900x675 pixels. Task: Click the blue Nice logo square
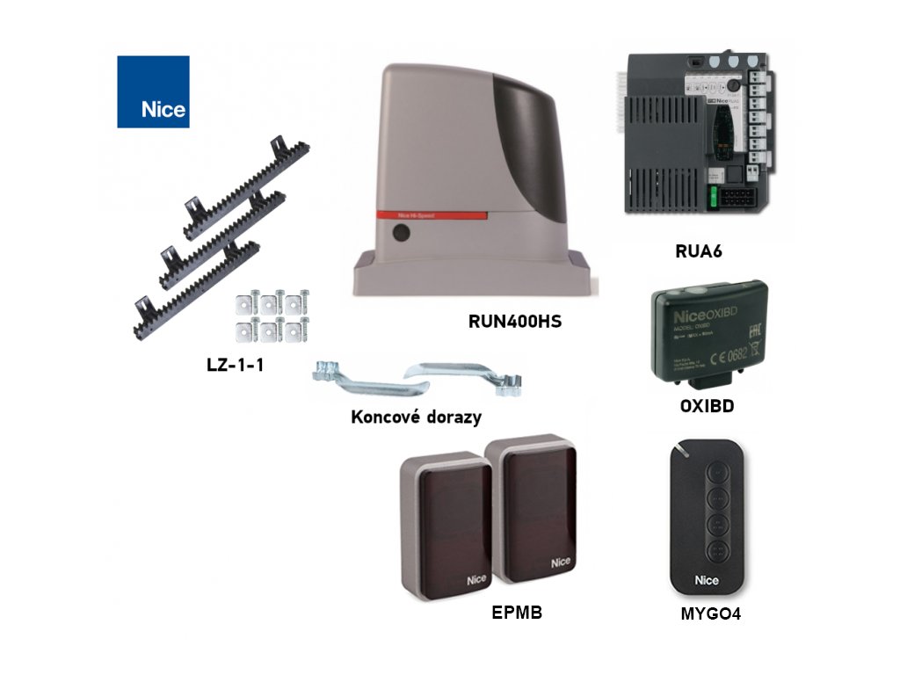pos(153,91)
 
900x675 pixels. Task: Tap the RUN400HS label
pos(514,322)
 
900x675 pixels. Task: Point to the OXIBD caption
pos(707,407)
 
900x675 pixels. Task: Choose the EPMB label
pos(517,613)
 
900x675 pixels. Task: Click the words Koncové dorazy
pos(416,417)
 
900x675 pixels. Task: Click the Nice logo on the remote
pos(707,580)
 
